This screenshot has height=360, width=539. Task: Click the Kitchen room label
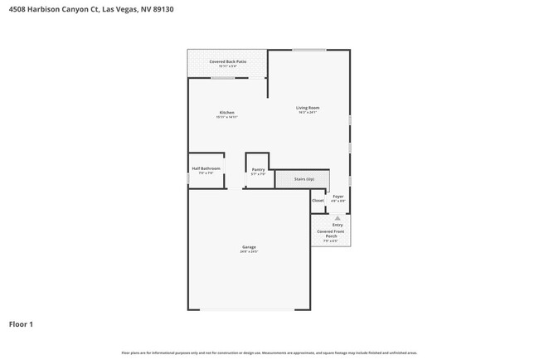(x=226, y=112)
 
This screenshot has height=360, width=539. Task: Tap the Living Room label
(x=308, y=107)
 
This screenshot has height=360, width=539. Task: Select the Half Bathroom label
(x=206, y=168)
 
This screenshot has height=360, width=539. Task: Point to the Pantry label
(x=258, y=168)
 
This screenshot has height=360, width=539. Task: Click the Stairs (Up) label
(x=304, y=179)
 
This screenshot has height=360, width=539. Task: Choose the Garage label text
(x=249, y=246)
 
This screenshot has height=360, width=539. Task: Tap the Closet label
(x=318, y=200)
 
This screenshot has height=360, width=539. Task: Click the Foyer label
(x=338, y=196)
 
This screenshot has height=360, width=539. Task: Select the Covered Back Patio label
(x=227, y=61)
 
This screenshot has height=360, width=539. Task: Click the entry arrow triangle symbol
(x=337, y=218)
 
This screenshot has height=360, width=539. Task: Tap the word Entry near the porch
(x=337, y=225)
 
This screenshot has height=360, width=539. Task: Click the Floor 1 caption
(x=21, y=324)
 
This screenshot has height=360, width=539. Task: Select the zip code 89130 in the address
(x=163, y=10)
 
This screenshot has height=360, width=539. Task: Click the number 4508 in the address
(x=17, y=10)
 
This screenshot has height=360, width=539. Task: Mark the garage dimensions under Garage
(x=249, y=251)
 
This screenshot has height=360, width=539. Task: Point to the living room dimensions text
(x=308, y=112)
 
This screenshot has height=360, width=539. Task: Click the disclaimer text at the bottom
(x=269, y=353)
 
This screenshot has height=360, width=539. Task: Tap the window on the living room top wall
(x=308, y=50)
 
